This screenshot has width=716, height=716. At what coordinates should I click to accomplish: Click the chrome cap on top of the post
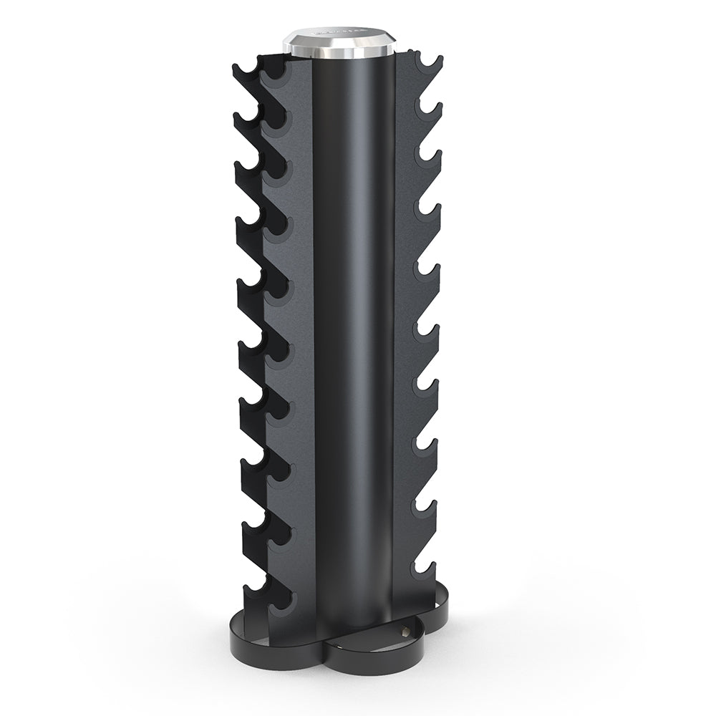339,43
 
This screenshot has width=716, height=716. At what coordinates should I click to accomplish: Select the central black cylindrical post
354,322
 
